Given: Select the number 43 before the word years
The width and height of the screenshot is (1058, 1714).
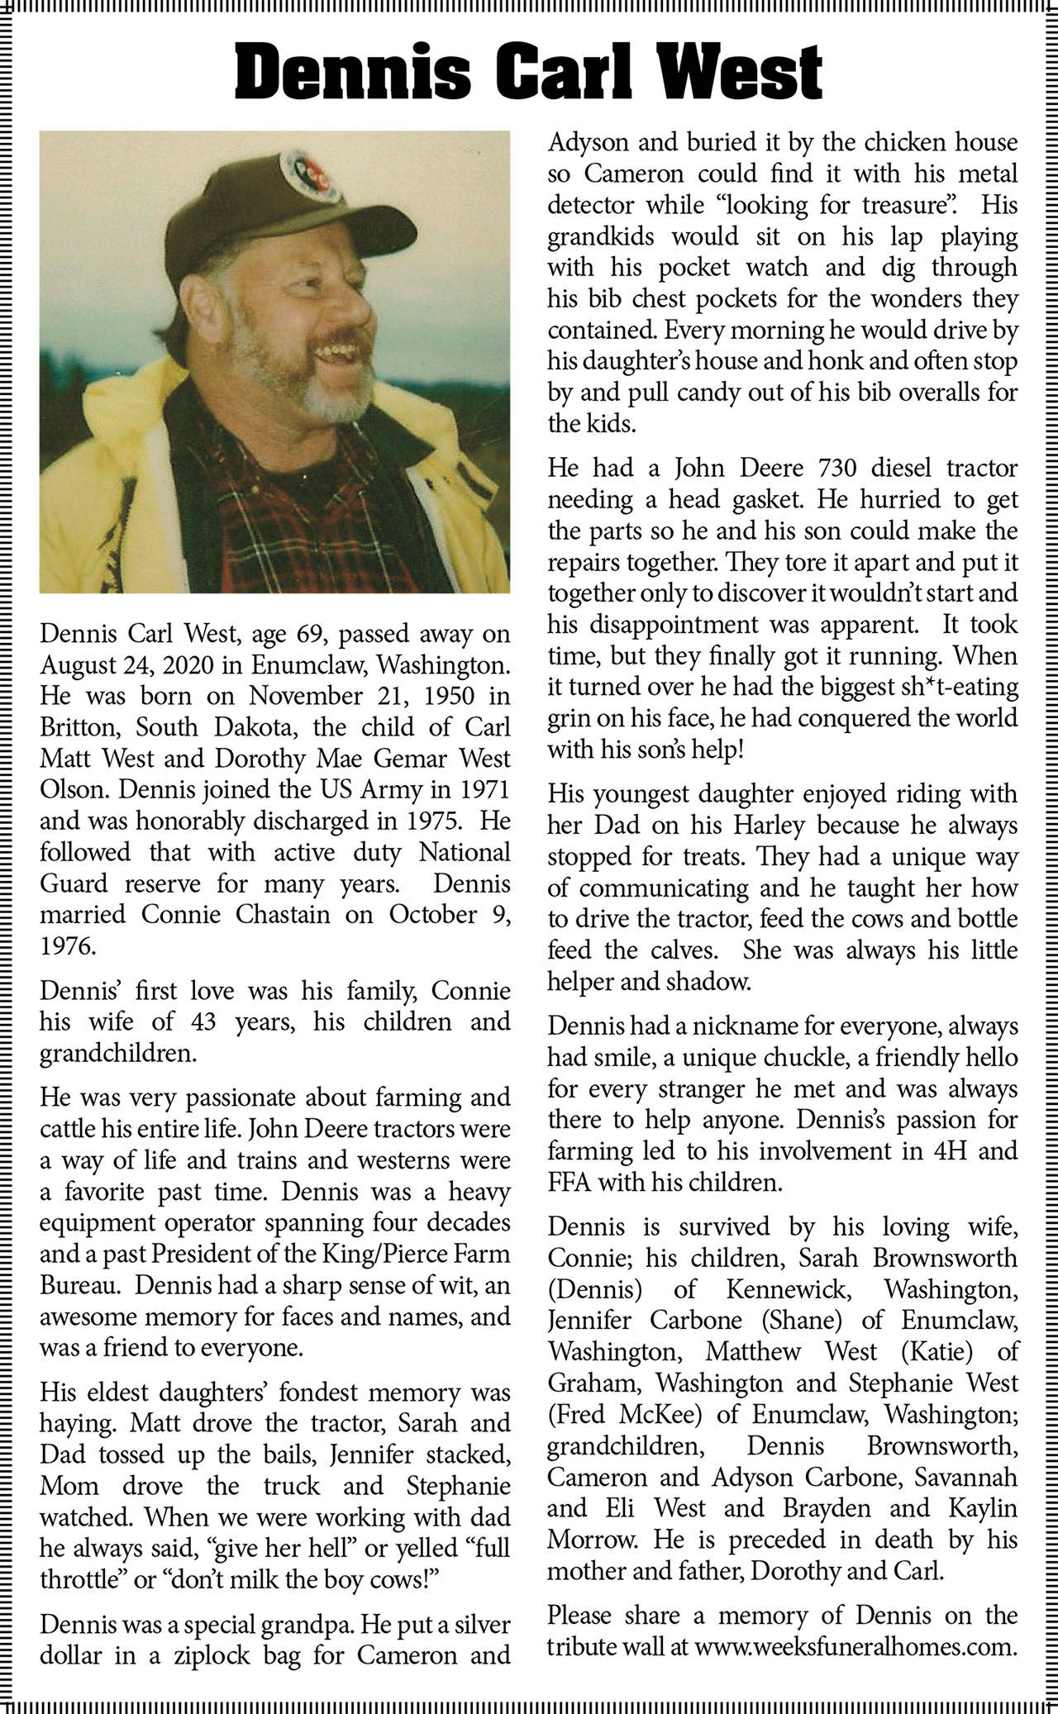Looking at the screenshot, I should (x=199, y=1021).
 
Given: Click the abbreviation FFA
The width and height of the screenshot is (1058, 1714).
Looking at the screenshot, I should (x=570, y=1183).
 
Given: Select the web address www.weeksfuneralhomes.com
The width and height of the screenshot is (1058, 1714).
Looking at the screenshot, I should (x=855, y=1646).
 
